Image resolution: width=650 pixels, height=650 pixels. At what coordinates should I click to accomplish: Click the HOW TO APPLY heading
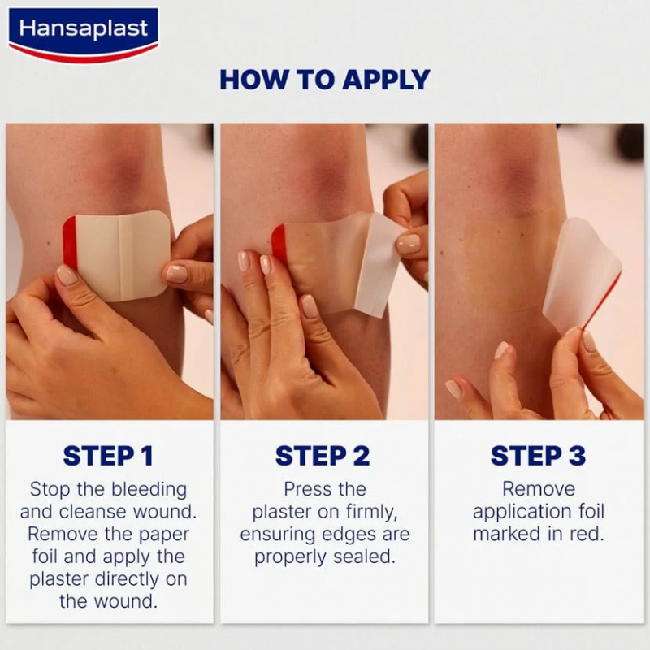[325, 80]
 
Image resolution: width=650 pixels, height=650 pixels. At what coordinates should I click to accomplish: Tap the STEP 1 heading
[108, 456]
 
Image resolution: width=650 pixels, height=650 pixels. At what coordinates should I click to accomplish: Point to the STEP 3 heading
[538, 456]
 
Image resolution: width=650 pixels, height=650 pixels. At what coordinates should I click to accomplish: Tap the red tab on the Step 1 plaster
[69, 243]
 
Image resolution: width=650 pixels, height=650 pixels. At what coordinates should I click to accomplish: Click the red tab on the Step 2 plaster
[279, 245]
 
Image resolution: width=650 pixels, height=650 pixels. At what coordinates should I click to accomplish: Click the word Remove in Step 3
[538, 490]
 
